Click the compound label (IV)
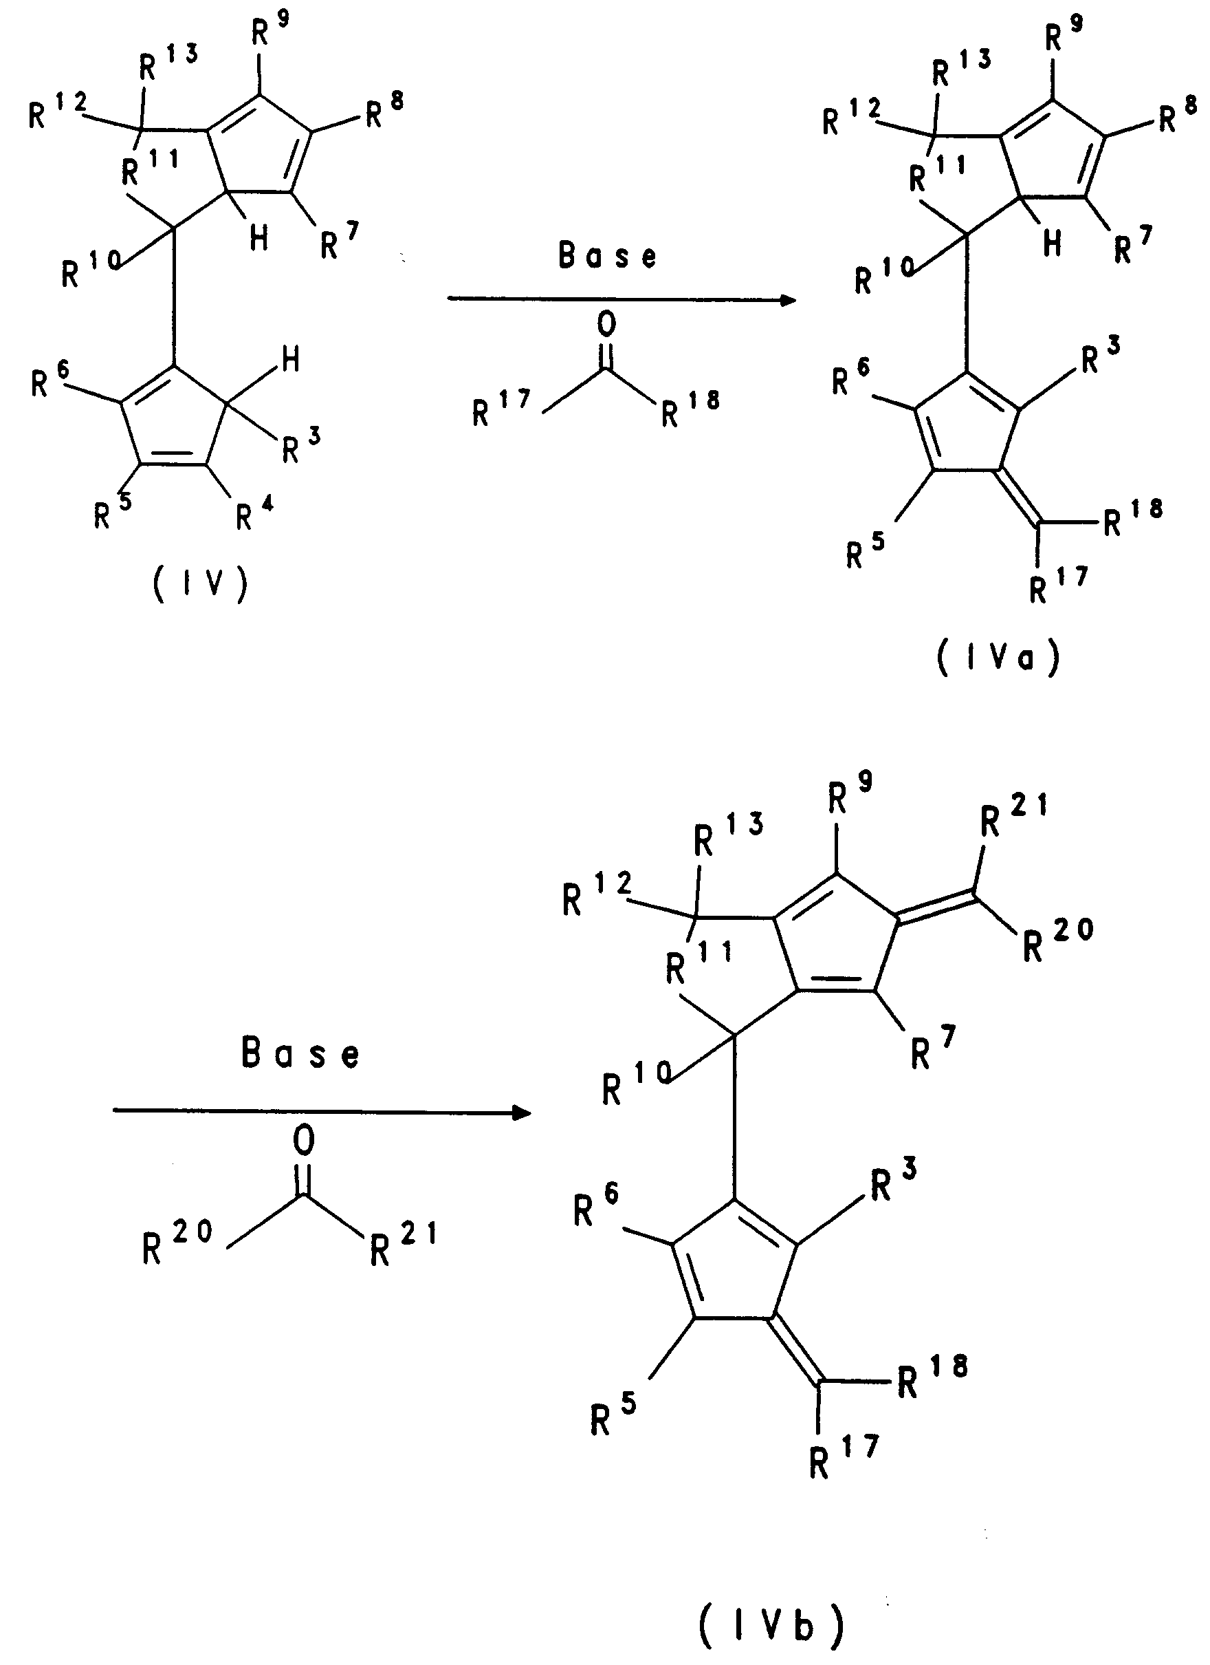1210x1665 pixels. click(200, 585)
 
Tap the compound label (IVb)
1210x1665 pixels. click(771, 1624)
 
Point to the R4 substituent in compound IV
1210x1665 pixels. click(253, 513)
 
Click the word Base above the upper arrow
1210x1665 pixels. click(607, 255)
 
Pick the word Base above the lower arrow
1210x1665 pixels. click(300, 1053)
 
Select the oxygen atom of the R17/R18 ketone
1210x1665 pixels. click(606, 324)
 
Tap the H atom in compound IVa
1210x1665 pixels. click(1053, 243)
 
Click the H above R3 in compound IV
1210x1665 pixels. click(291, 360)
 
